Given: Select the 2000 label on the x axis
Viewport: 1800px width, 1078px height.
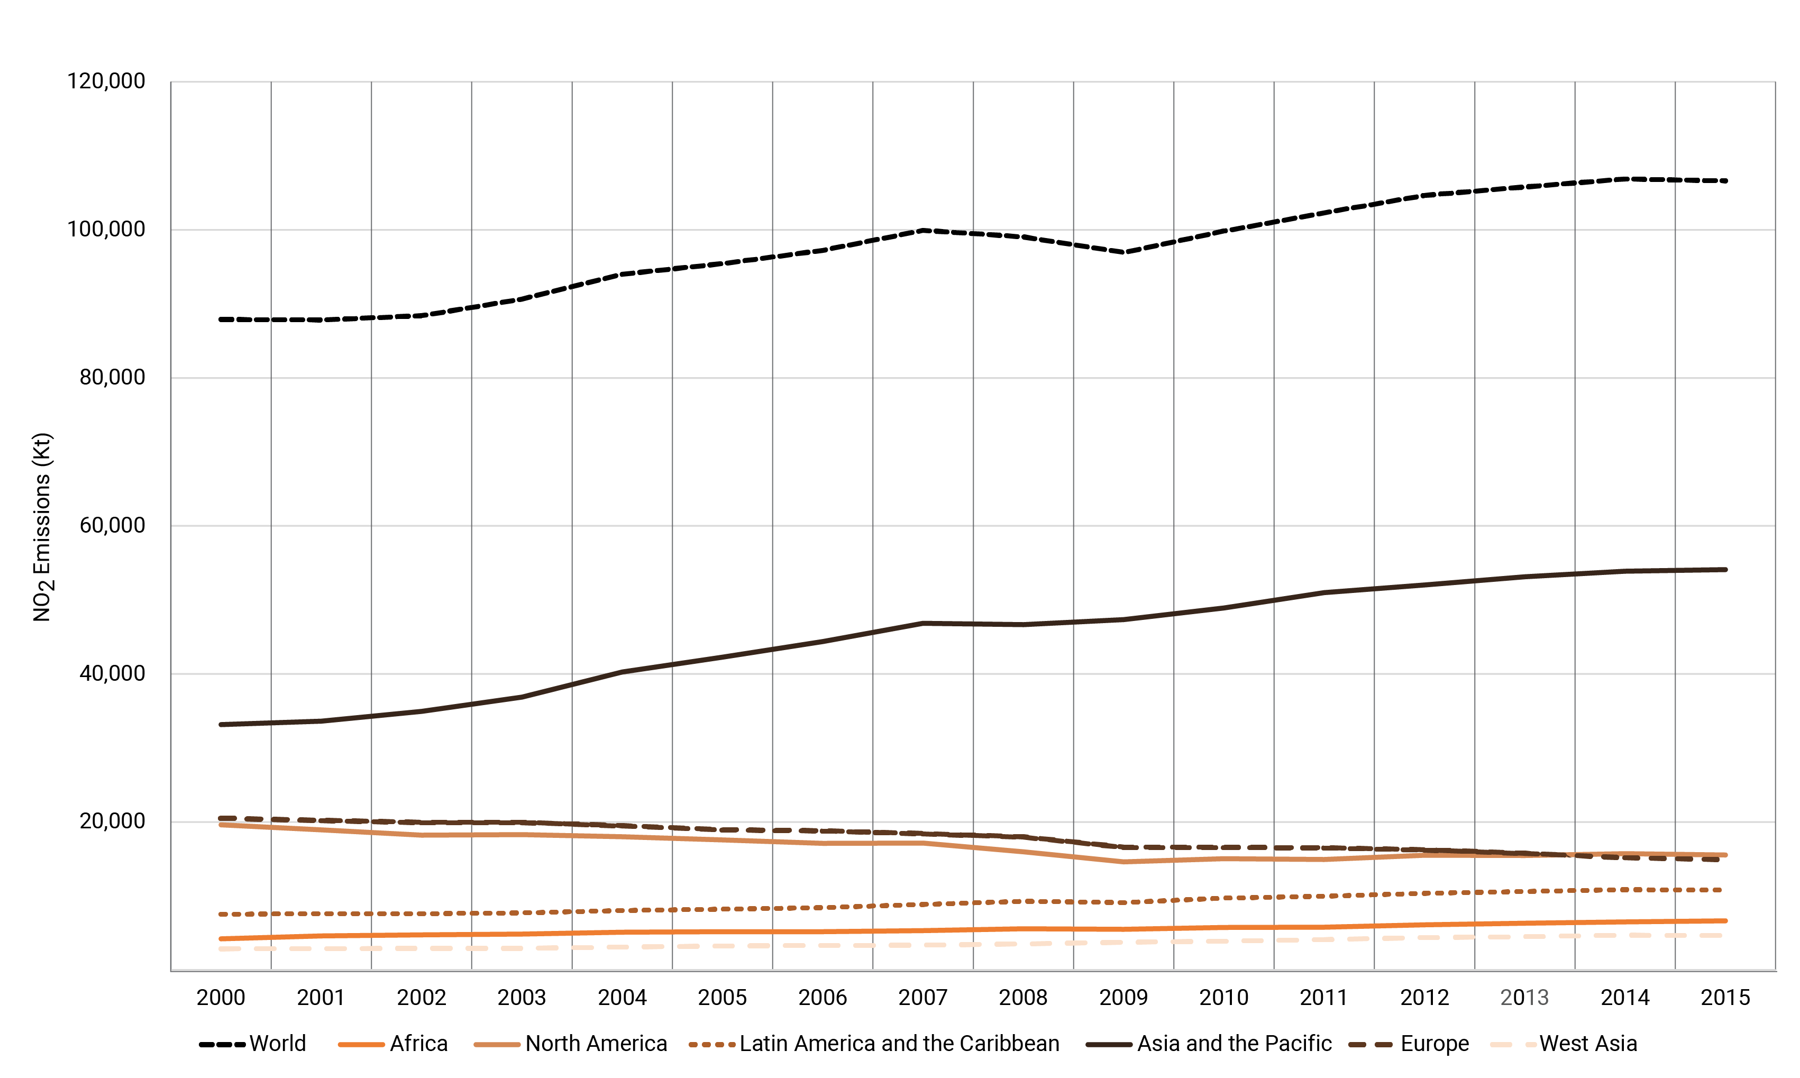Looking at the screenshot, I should tap(221, 998).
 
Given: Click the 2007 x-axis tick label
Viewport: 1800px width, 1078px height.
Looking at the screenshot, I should tap(922, 998).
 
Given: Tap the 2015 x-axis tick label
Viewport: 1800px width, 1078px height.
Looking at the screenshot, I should tap(1725, 998).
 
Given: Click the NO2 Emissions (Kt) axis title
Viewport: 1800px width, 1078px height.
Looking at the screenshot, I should tap(42, 527).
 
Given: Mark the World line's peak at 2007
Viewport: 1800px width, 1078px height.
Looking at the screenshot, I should tap(922, 230).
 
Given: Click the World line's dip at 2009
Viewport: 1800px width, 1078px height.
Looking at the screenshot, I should tap(1123, 252).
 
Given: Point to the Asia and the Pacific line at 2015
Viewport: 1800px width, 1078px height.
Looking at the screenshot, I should tap(1725, 570).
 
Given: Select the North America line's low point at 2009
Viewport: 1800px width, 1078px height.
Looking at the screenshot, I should tap(1123, 862).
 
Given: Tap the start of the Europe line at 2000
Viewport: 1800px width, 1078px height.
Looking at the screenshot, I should tap(221, 819).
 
